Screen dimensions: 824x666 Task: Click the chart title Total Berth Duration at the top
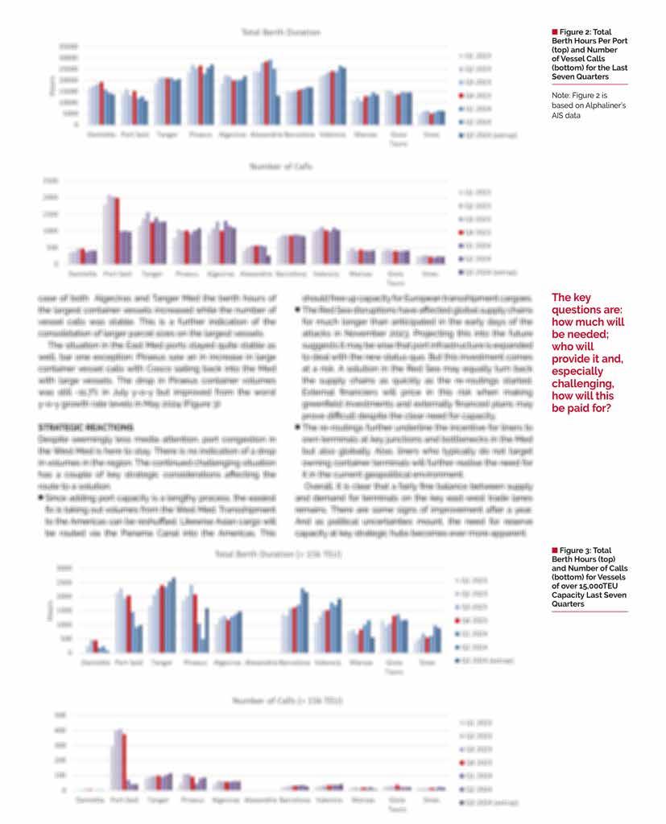(x=281, y=32)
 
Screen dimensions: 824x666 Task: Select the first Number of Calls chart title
(x=281, y=167)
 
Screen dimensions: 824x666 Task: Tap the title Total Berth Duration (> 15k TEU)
(x=279, y=554)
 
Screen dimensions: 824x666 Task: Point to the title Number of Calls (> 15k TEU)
(x=287, y=701)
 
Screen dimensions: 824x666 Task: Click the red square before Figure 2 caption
(x=554, y=31)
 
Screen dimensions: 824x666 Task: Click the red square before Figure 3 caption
(x=554, y=550)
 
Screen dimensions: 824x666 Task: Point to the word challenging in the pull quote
(x=582, y=384)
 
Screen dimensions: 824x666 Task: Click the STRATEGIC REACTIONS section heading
(x=86, y=426)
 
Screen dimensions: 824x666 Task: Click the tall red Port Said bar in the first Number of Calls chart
(x=116, y=230)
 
